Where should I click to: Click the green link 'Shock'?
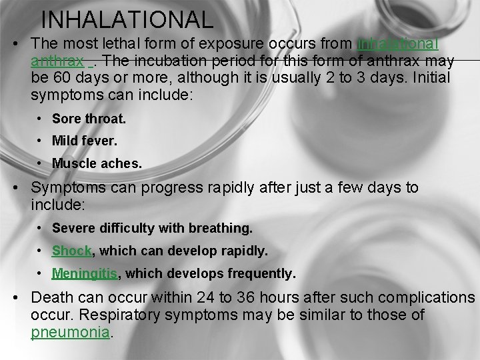[x=71, y=251]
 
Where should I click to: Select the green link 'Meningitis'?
[x=85, y=273]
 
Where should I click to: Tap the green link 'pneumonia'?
[x=69, y=331]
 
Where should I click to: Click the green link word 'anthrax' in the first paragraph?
[x=57, y=61]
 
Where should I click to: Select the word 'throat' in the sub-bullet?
[x=106, y=119]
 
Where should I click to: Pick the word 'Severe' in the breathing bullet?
[x=73, y=229]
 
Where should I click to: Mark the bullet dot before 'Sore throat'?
[x=40, y=119]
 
